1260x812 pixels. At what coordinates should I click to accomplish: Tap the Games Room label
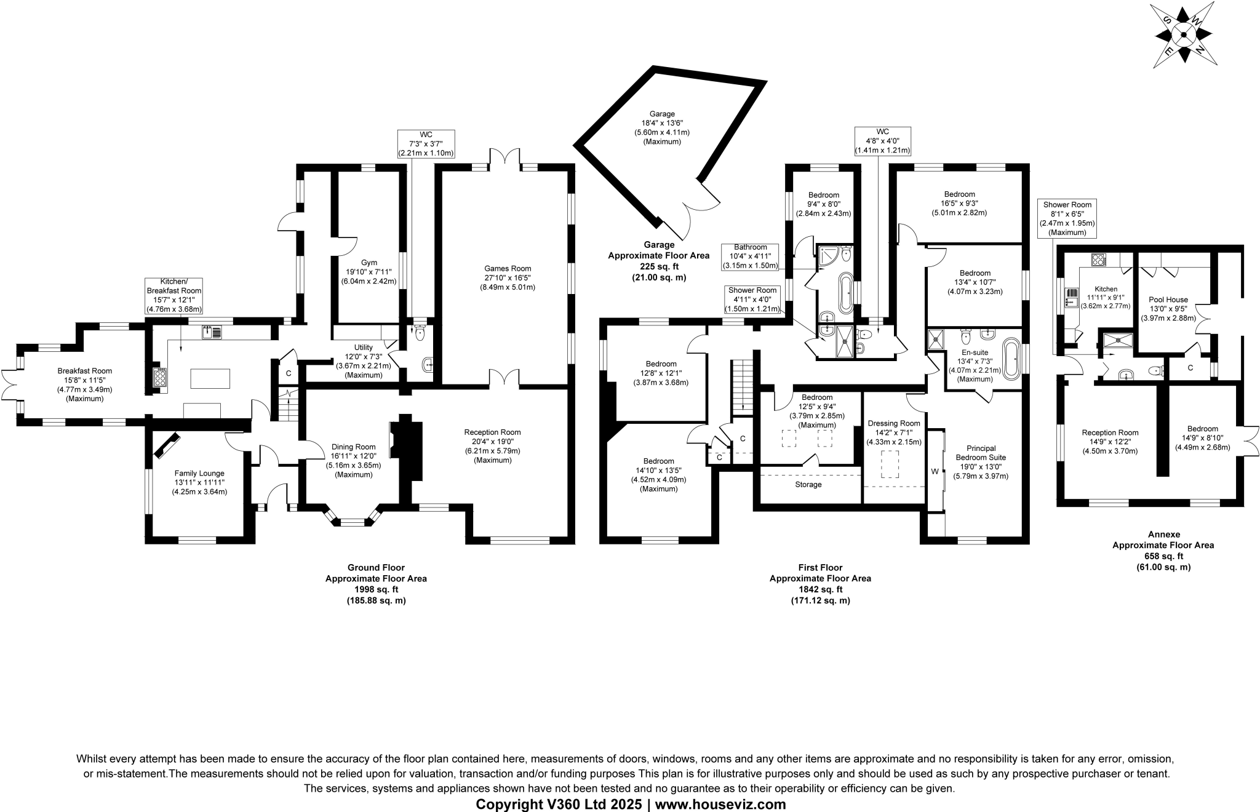click(x=508, y=268)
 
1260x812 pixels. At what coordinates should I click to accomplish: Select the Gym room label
click(x=369, y=263)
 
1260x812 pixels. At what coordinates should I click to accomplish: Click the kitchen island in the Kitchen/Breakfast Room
click(x=210, y=378)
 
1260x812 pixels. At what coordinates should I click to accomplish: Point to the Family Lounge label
click(x=199, y=473)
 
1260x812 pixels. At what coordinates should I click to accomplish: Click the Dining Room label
click(x=353, y=447)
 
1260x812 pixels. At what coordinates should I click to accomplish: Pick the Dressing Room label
click(x=894, y=423)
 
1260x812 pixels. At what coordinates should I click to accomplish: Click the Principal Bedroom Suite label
click(x=981, y=453)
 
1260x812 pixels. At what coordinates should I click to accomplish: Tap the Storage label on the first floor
click(x=808, y=485)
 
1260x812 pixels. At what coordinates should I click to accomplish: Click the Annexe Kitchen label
click(x=1106, y=289)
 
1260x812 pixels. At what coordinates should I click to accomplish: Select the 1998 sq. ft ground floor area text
click(x=376, y=589)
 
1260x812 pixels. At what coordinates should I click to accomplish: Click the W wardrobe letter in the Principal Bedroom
click(x=935, y=472)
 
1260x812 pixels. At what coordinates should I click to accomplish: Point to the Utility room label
click(x=364, y=348)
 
